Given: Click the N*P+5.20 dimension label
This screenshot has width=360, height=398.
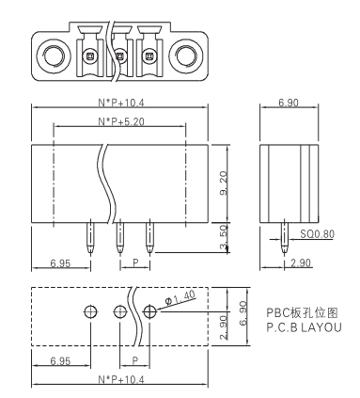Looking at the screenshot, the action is pyautogui.click(x=121, y=121).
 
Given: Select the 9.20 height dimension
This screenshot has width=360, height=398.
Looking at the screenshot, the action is pyautogui.click(x=224, y=183).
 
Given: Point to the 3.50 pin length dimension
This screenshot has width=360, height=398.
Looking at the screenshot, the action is pyautogui.click(x=224, y=238).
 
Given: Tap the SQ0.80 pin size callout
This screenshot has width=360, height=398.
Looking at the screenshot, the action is pyautogui.click(x=317, y=233).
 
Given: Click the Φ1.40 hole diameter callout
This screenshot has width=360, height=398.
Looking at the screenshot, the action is pyautogui.click(x=180, y=297).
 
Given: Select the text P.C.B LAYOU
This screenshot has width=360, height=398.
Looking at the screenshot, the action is pyautogui.click(x=304, y=327).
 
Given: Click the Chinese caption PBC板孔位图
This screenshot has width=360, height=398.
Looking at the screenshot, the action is pyautogui.click(x=302, y=312).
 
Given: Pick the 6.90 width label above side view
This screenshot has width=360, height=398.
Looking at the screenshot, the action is pyautogui.click(x=289, y=103).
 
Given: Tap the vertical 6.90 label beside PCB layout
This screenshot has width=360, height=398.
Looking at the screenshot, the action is pyautogui.click(x=243, y=313).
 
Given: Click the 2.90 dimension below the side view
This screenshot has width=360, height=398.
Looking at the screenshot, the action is pyautogui.click(x=301, y=263).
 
